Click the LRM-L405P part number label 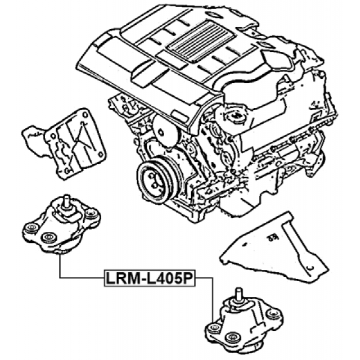(150, 278)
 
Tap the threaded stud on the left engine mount (66, 201)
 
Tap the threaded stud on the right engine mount (239, 294)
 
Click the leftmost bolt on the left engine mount (31, 228)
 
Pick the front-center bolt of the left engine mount (49, 238)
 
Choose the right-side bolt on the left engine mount (92, 214)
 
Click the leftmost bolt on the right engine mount (215, 328)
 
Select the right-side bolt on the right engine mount (273, 314)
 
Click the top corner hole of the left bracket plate (85, 114)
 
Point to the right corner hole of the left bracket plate (100, 154)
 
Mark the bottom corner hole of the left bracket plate (67, 171)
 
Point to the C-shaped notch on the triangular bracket (310, 267)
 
